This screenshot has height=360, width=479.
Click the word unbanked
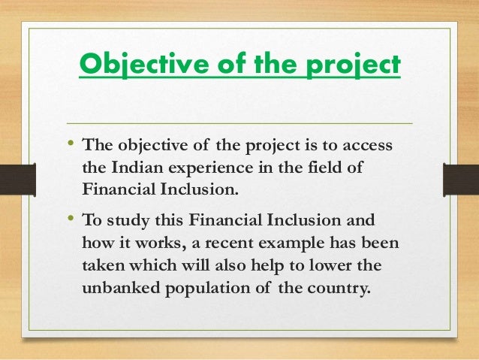tap(121, 289)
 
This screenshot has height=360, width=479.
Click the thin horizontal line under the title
tap(239, 123)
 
